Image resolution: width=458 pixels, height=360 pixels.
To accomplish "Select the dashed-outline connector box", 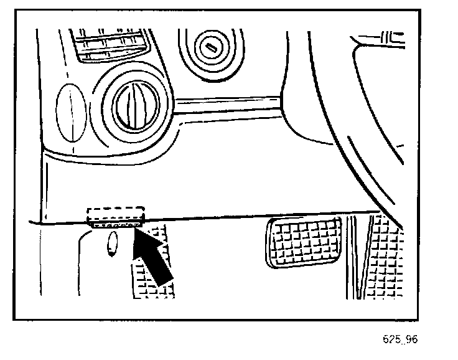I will pyautogui.click(x=116, y=214).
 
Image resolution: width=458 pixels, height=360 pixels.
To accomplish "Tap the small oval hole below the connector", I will pyautogui.click(x=111, y=244).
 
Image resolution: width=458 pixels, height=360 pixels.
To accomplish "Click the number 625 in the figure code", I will pyautogui.click(x=392, y=340).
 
